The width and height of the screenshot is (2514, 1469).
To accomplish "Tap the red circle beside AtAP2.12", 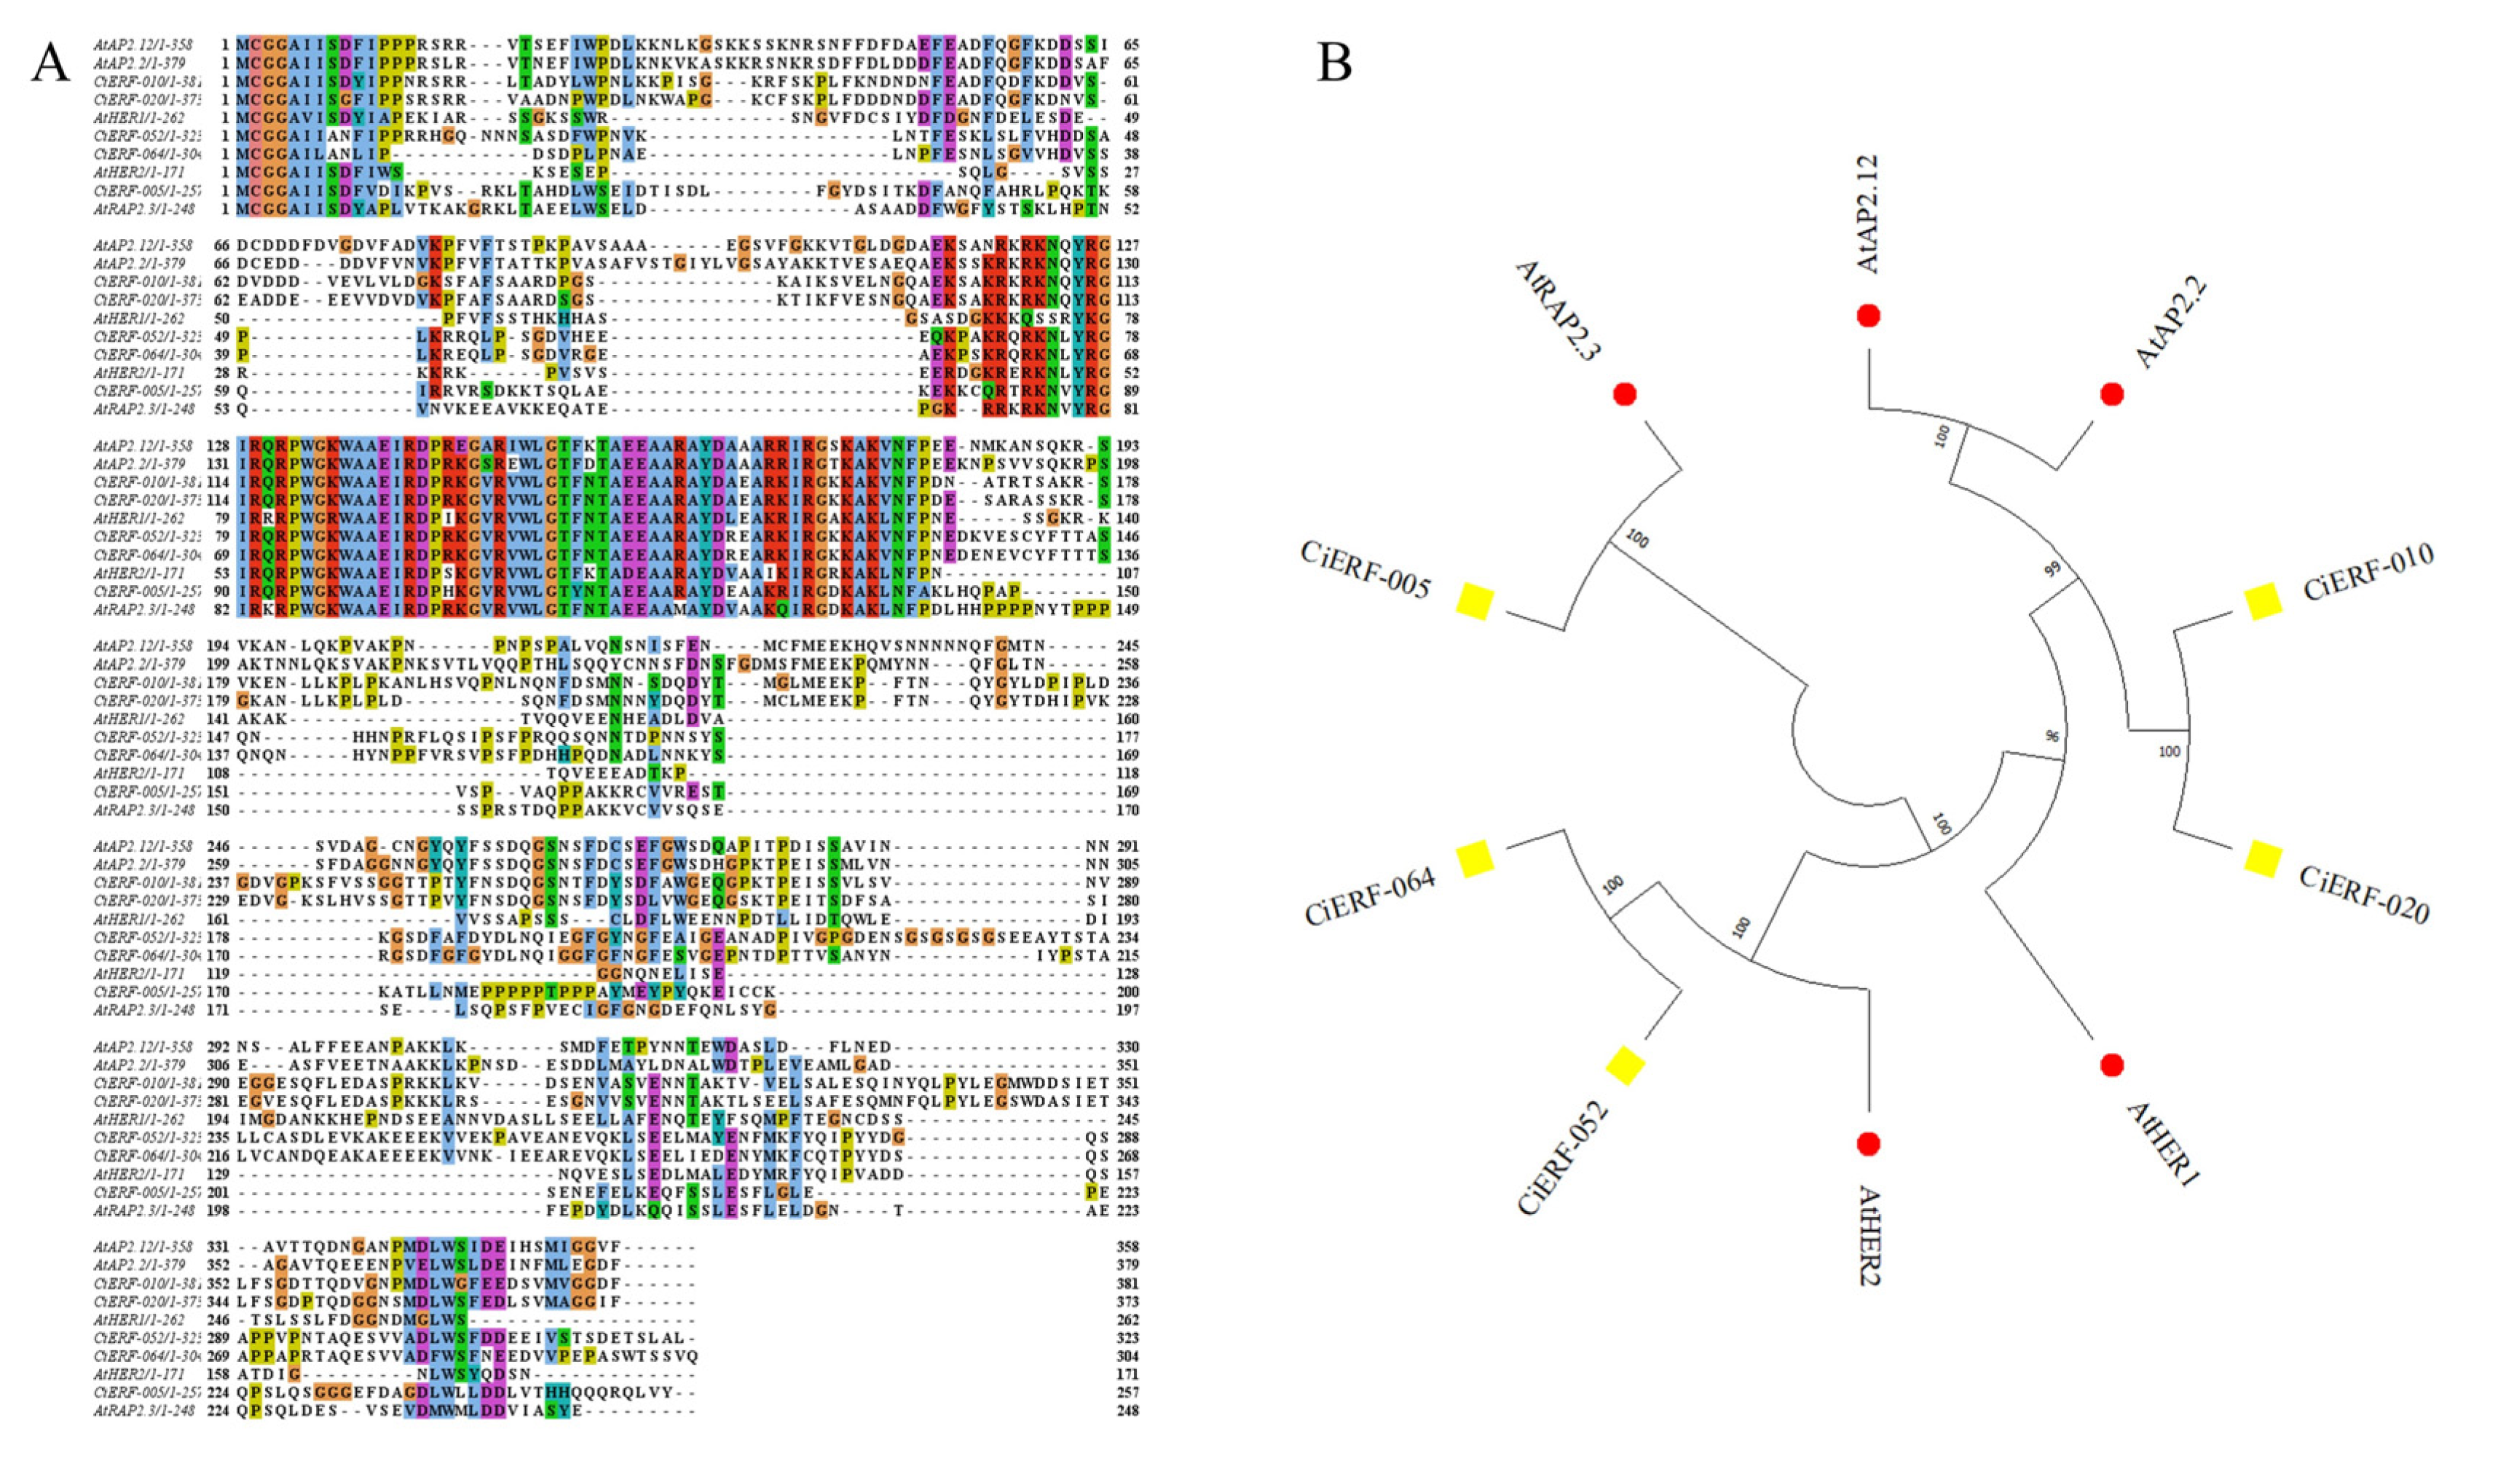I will [x=1869, y=316].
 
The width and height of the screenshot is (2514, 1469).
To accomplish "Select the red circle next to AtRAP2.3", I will [x=1624, y=394].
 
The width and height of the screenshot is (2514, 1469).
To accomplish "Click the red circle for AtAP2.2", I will [x=2111, y=394].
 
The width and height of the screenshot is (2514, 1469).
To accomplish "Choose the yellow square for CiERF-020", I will [x=2263, y=858].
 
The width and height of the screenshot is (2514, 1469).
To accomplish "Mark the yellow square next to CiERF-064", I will [x=1475, y=858].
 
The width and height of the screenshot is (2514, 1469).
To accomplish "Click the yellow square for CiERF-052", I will [x=1624, y=1065].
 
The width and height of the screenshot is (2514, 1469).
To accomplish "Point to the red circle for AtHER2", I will [x=1869, y=1143].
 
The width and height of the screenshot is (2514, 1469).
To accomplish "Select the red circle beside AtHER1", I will [x=2111, y=1065].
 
